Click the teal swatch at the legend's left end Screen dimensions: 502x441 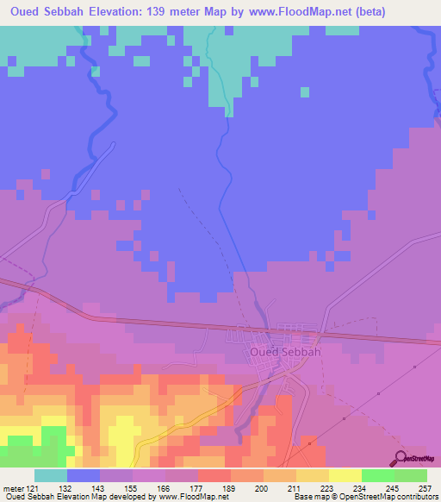[x=51, y=475]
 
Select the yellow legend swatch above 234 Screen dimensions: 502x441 [x=345, y=475]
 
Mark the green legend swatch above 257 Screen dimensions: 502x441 [x=410, y=475]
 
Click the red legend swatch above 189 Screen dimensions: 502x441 [x=214, y=475]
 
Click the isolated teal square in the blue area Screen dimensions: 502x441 [x=304, y=91]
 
